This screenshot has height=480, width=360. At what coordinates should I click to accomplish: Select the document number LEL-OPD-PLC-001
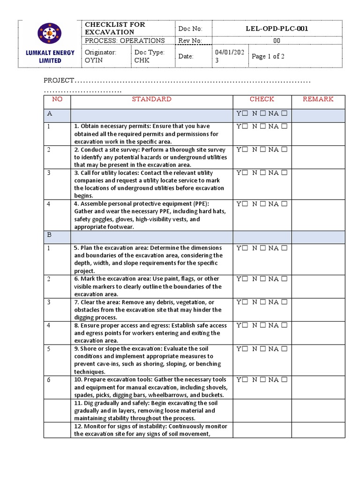pos(277,29)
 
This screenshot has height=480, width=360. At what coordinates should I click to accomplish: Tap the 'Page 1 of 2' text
pos(268,56)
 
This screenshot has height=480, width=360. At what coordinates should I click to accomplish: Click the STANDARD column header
pos(151,99)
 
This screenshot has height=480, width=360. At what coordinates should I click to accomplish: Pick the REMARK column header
pos(318,99)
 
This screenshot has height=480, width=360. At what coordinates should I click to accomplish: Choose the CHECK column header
pos(262,99)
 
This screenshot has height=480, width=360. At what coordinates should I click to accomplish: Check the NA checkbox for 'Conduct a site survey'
pos(284,150)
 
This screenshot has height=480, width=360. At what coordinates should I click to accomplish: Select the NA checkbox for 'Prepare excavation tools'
pos(284,380)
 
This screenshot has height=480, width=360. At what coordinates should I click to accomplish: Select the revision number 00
pos(277,41)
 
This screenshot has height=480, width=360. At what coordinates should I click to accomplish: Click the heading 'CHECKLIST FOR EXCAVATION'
pos(115,28)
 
